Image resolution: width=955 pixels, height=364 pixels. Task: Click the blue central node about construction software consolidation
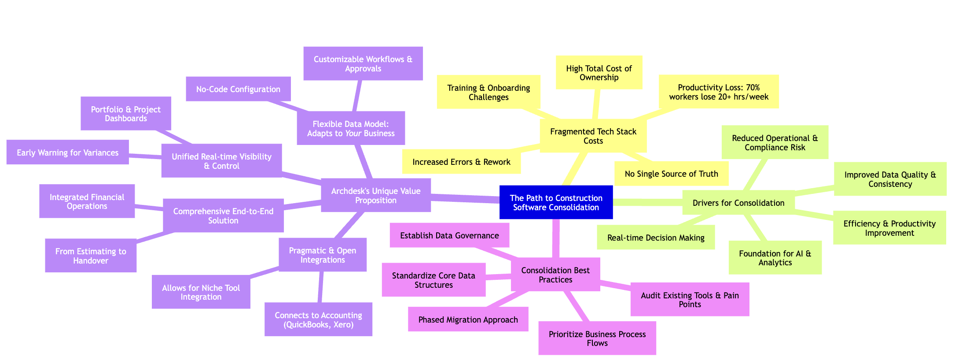pos(556,202)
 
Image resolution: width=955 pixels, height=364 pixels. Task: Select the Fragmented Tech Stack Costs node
pos(593,136)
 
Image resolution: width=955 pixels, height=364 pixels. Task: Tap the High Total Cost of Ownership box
pos(599,73)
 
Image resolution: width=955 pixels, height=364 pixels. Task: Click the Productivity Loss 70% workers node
pos(719,92)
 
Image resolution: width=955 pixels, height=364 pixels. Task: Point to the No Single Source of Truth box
pos(671,174)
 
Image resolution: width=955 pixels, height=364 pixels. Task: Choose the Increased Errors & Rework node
pos(461,162)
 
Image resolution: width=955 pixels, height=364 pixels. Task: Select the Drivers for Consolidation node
pos(738,203)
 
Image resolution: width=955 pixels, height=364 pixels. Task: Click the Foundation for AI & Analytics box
pos(775,258)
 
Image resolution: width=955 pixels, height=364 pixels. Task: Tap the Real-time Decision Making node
pos(655,238)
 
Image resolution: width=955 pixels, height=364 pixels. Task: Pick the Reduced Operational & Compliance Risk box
pos(775,143)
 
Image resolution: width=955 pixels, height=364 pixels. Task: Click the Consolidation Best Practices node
pos(555,275)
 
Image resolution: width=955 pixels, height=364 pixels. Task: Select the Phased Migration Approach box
pos(468,319)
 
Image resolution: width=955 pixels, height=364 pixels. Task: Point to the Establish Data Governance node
pos(449,236)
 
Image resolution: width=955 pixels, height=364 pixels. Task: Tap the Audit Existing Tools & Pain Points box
pos(689,300)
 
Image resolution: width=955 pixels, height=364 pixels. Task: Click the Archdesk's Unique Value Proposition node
pos(375,196)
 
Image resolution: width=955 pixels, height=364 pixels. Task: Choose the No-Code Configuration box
pos(238,89)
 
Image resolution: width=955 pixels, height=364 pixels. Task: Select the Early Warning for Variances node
pos(67,153)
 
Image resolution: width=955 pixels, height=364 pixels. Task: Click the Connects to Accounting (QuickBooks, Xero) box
pos(318,319)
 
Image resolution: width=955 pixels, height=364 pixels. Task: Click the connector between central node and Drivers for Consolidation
pos(647,202)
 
